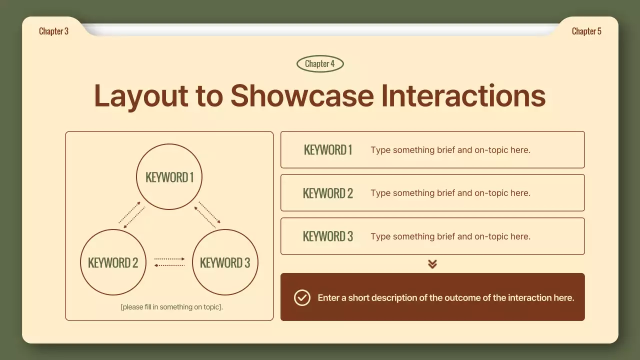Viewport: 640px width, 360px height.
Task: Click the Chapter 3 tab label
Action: point(53,31)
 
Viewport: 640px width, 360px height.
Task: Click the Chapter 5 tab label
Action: point(586,31)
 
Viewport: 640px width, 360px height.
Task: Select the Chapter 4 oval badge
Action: point(320,63)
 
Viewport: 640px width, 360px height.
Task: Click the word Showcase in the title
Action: point(302,95)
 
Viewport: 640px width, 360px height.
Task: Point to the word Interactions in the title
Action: point(463,95)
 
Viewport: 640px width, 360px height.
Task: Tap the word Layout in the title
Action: point(140,96)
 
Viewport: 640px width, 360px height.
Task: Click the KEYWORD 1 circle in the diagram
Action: point(169,177)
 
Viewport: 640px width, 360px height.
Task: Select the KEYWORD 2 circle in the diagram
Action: point(113,262)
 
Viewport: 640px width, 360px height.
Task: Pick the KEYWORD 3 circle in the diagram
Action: point(225,262)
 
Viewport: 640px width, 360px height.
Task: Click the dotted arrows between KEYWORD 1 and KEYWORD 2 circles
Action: point(132,215)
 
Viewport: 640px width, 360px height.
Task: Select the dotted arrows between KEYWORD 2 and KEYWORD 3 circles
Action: point(169,262)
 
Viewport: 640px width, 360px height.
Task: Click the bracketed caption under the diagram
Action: point(171,307)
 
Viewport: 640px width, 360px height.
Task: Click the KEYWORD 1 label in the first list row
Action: point(328,150)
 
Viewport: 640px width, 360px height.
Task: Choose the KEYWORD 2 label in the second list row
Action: point(328,193)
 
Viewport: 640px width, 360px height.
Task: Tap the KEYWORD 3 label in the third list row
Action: point(328,236)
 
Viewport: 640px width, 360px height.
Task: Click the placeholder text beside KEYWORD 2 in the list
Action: point(450,193)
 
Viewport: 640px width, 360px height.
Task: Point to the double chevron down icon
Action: point(432,264)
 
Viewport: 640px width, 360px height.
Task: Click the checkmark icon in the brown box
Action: point(302,297)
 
